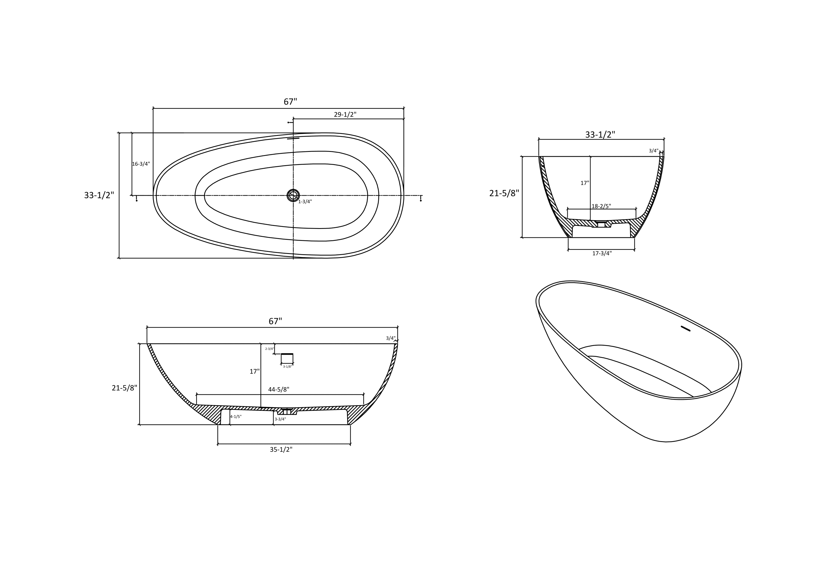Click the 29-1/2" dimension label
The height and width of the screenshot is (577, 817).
point(345,115)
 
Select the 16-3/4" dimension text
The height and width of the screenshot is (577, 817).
point(141,164)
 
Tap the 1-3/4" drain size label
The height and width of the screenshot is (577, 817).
point(305,202)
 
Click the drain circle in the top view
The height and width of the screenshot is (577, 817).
point(293,195)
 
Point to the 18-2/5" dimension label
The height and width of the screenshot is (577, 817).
point(601,206)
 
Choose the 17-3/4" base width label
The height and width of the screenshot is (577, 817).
point(602,253)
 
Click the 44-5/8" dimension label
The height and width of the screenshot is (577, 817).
point(279,389)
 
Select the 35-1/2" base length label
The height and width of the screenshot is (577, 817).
point(281,449)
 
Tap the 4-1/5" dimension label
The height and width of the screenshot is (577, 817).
point(236,416)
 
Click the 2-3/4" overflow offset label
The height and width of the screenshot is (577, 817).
point(269,349)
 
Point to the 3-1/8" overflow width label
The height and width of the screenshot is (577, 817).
point(287,367)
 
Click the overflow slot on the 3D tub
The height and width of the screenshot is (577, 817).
point(685,329)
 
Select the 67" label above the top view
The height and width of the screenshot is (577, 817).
point(290,102)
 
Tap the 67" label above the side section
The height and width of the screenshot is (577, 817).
point(275,321)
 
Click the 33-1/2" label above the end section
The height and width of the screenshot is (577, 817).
point(600,135)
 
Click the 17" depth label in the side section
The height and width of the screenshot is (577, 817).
point(254,372)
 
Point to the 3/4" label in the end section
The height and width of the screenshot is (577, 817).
point(653,151)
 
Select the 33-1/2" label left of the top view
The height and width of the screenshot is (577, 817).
point(99,195)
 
